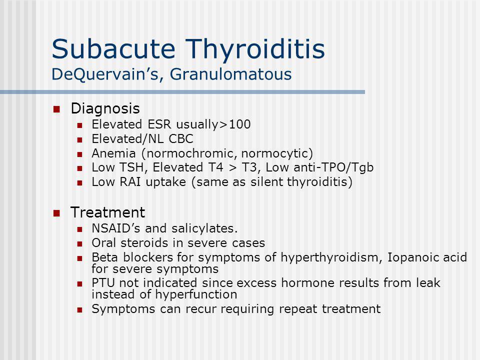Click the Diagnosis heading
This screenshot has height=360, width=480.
[x=105, y=108]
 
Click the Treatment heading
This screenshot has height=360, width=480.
[x=108, y=212]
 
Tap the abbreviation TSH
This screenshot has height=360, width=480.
[x=121, y=168]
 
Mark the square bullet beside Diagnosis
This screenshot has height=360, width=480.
[x=57, y=109]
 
